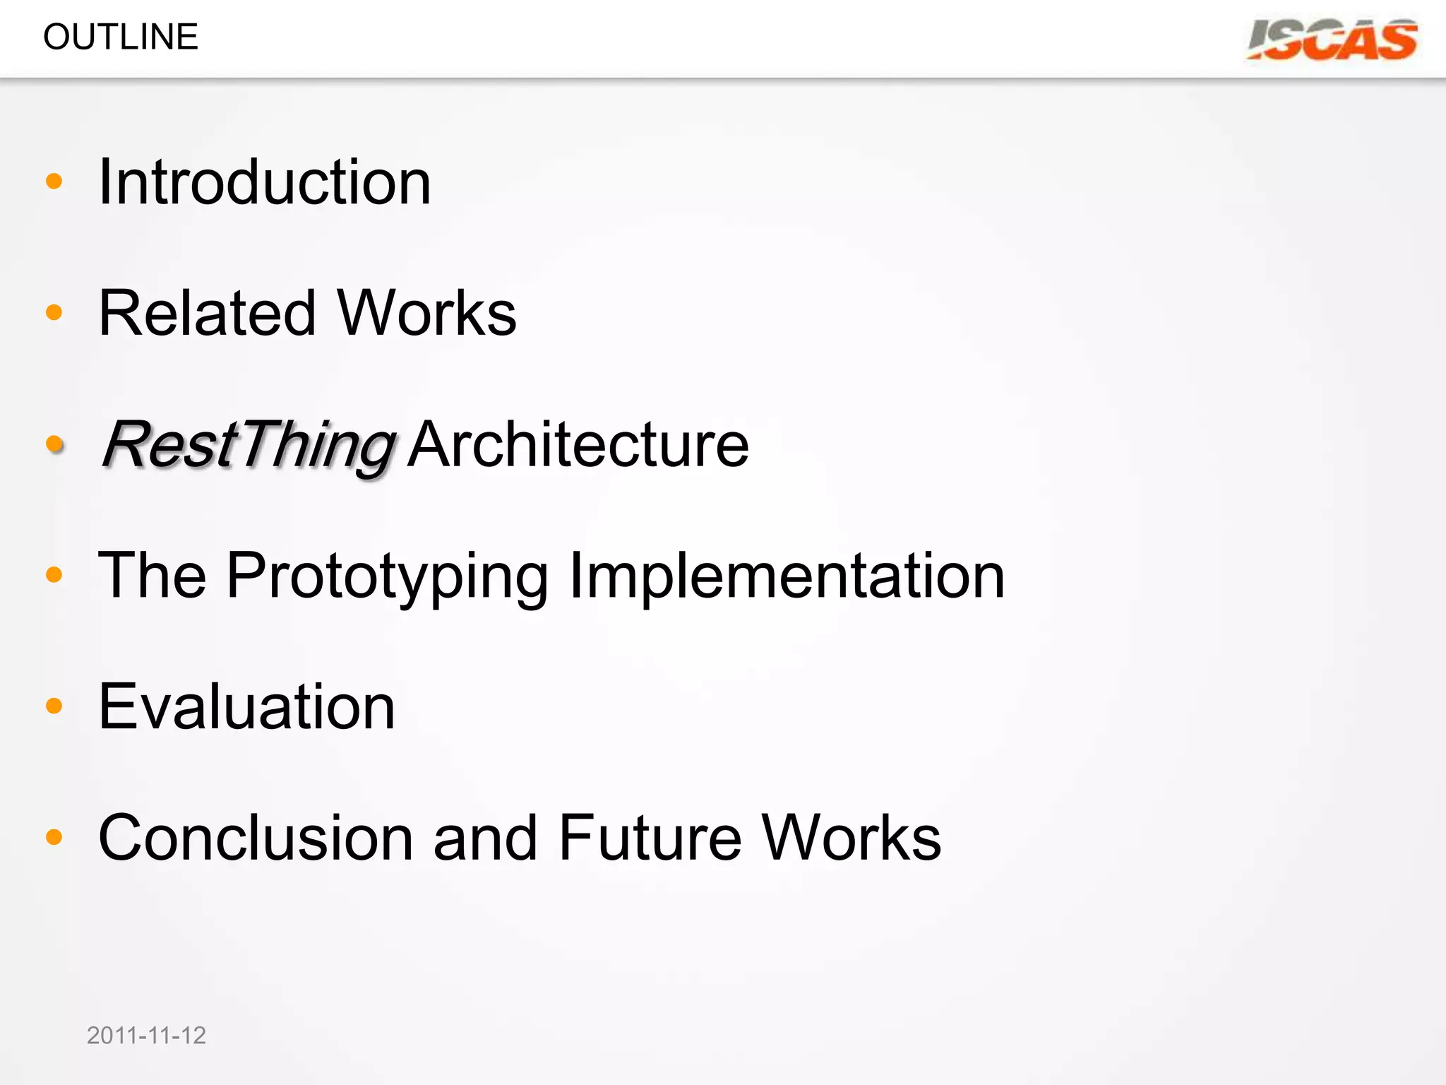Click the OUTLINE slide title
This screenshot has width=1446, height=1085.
click(121, 37)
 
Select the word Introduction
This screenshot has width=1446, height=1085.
click(265, 182)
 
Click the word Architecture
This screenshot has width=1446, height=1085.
click(578, 445)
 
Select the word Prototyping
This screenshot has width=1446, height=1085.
click(387, 576)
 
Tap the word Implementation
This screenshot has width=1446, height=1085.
click(787, 576)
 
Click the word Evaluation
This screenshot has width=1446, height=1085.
click(246, 706)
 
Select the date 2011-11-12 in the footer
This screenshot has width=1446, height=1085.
click(146, 1036)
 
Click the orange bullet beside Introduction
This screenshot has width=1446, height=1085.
click(54, 182)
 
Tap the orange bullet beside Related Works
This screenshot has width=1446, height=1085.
click(54, 312)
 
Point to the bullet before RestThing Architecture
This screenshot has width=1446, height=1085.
click(54, 444)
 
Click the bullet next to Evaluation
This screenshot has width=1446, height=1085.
click(54, 706)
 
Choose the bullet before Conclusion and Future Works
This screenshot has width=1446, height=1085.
click(54, 837)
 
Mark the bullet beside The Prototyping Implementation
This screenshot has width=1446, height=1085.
click(54, 574)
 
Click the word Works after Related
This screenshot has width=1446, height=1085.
click(427, 313)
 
